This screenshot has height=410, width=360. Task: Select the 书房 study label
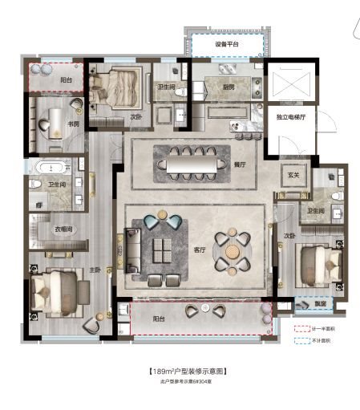(73, 124)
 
